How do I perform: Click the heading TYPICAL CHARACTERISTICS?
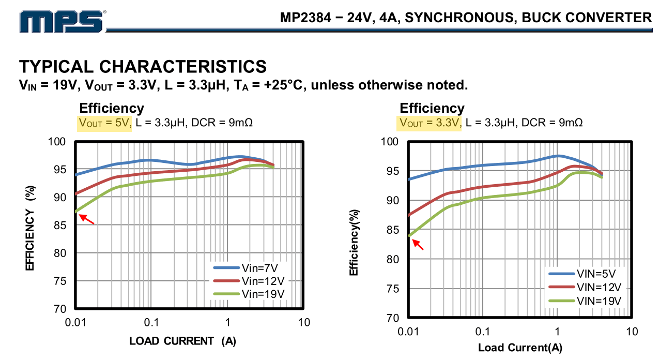coord(143,67)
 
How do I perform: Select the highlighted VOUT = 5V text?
coord(105,123)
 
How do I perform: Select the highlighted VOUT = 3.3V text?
coord(429,123)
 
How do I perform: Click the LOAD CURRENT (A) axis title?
coord(182,341)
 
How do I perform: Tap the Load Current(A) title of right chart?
coord(520,348)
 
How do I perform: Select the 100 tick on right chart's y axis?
coord(389,142)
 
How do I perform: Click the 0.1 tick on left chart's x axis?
coord(151,323)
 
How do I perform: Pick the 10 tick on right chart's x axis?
coord(632,331)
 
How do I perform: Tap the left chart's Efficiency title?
coord(111,108)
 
